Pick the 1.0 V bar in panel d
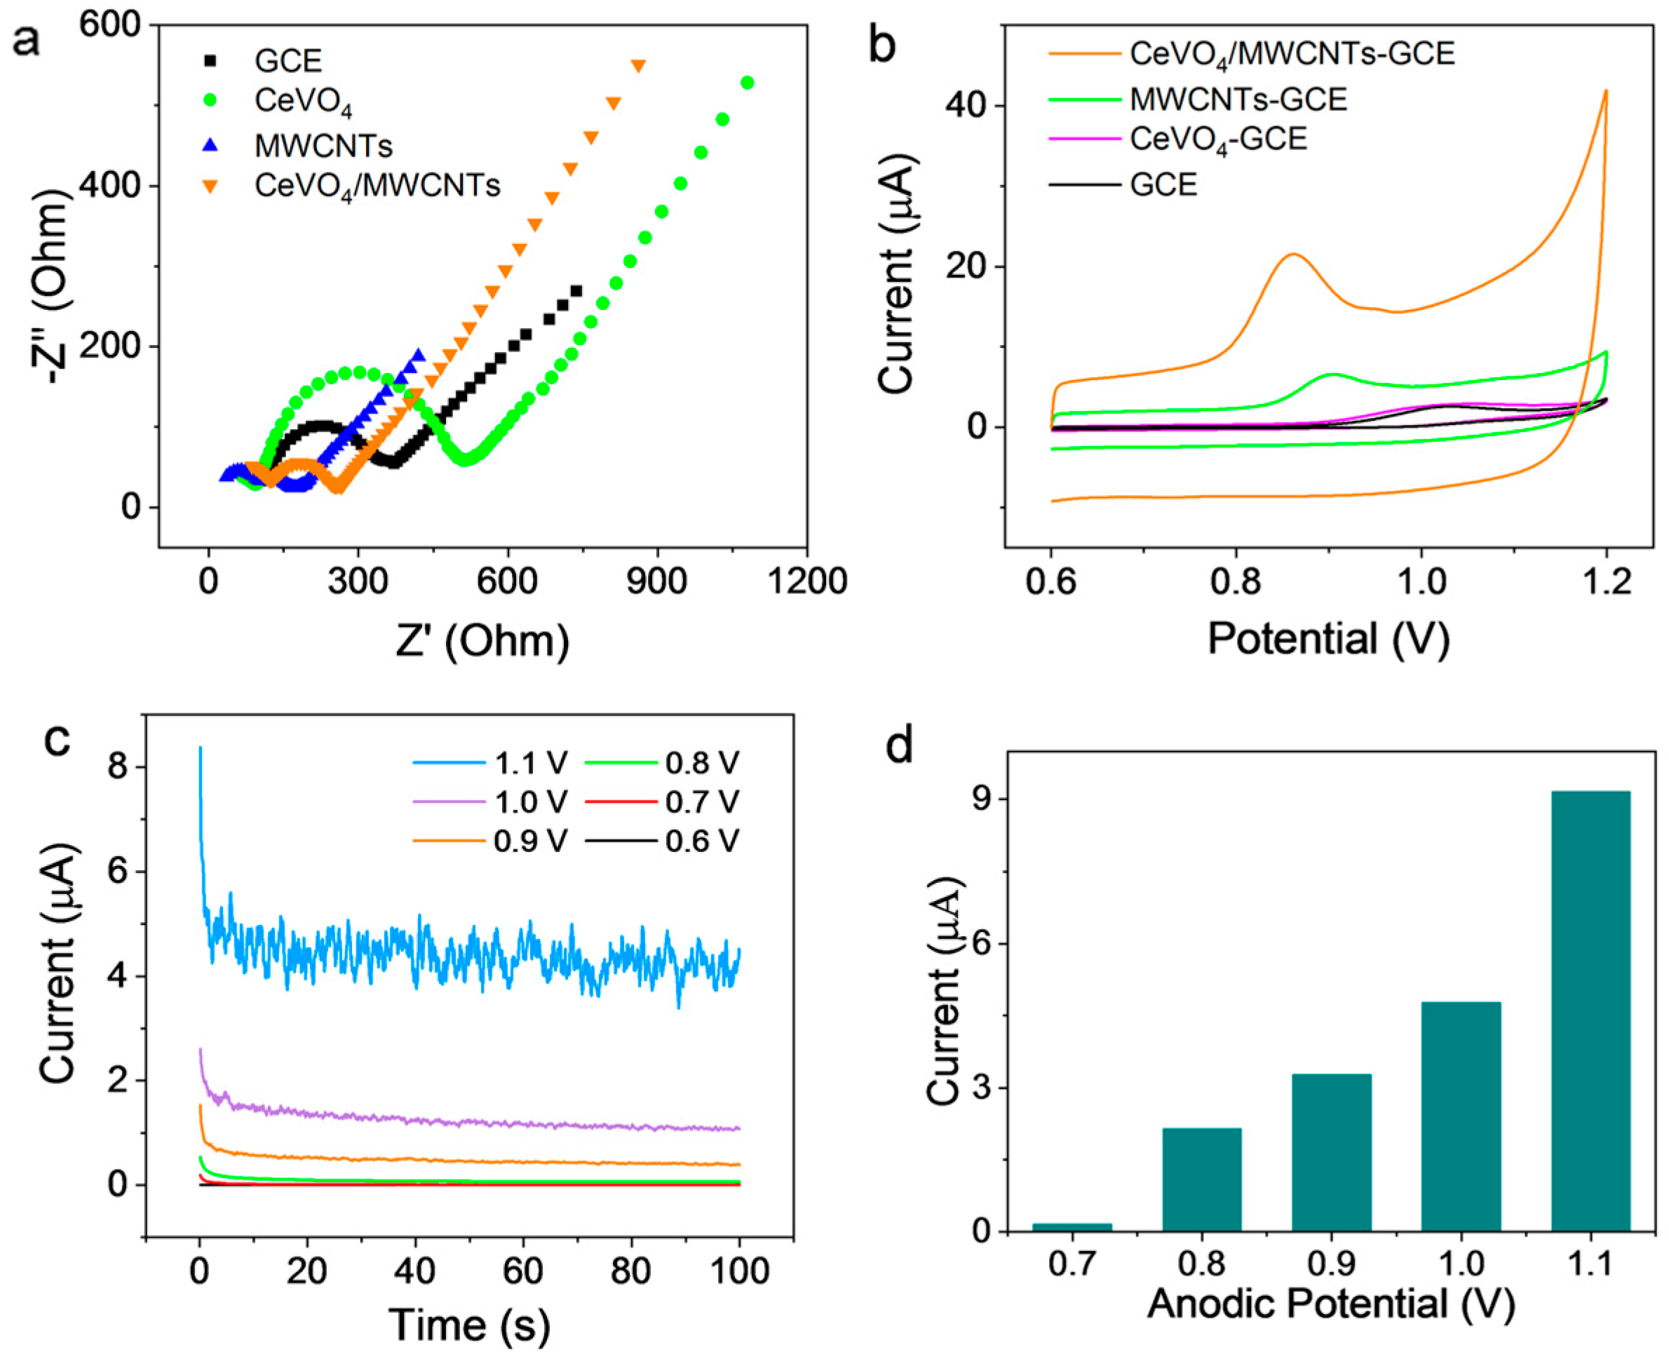[x=1461, y=1116]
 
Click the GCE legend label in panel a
[x=288, y=60]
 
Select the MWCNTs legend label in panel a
[x=323, y=145]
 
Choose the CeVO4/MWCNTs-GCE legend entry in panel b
[x=1292, y=53]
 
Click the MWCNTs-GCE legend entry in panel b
[x=1238, y=99]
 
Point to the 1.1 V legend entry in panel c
[x=530, y=762]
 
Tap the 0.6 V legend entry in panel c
[x=702, y=841]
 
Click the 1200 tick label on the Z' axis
[x=807, y=581]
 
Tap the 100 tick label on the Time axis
[x=739, y=1270]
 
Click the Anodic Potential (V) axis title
[x=1331, y=1304]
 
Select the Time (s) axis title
[x=470, y=1325]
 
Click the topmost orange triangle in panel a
[x=638, y=66]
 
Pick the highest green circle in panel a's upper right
[x=747, y=83]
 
